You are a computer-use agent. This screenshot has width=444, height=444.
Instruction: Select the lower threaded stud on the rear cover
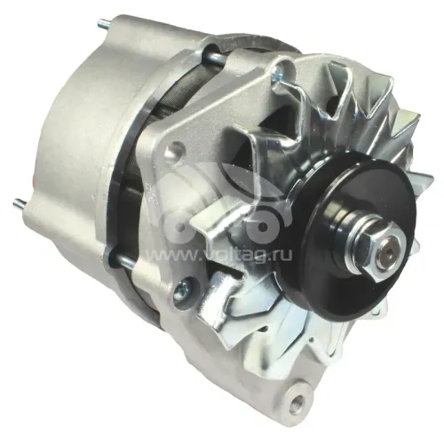coord(20,203)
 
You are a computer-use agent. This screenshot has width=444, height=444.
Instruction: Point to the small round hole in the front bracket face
coord(175,147)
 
